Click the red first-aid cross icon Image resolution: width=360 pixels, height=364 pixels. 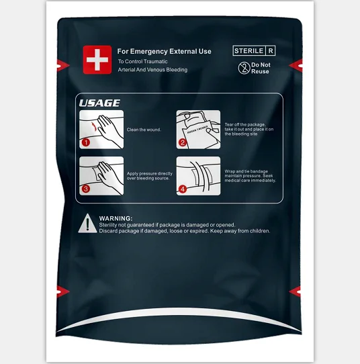click(97, 60)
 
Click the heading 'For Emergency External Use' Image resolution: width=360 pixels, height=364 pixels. click(164, 51)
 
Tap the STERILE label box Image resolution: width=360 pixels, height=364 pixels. click(249, 50)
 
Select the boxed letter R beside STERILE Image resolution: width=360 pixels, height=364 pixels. click(270, 50)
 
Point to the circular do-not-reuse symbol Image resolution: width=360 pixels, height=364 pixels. click(243, 67)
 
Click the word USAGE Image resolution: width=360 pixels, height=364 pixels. click(99, 103)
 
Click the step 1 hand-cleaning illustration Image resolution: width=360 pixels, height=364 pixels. click(101, 129)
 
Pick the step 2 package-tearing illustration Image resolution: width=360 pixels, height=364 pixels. click(198, 129)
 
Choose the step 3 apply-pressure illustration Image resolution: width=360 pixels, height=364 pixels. click(101, 175)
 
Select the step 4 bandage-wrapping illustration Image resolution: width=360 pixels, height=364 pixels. click(198, 175)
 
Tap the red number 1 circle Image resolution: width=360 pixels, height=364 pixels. click(85, 142)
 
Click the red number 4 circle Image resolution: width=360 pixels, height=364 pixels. click(182, 189)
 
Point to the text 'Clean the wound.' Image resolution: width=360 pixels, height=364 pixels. click(144, 129)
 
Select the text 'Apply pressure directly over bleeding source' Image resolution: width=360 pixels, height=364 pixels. click(150, 176)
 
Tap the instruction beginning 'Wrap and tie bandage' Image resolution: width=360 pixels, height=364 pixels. click(250, 175)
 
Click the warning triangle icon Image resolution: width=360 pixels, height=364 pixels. click(86, 224)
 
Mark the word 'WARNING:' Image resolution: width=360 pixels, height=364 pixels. click(116, 219)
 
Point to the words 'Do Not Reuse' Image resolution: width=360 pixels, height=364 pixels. click(260, 68)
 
